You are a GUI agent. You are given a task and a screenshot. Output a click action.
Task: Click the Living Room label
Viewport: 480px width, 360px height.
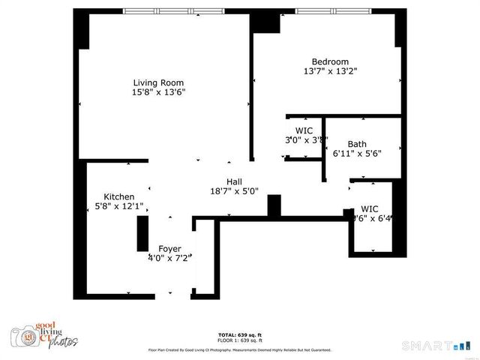pos(158,82)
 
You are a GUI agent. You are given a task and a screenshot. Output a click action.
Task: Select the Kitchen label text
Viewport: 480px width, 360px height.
pos(118,196)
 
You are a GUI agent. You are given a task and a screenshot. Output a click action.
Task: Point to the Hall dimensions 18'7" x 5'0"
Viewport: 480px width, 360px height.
pos(234,191)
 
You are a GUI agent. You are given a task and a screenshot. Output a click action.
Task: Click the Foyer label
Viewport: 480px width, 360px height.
pos(169,248)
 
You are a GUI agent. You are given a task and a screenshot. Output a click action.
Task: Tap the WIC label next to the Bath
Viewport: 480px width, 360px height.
pos(303,130)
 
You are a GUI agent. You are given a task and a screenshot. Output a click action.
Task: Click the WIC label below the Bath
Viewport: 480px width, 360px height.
pos(370,208)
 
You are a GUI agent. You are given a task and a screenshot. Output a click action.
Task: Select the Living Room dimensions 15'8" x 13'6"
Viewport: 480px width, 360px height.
pos(158,92)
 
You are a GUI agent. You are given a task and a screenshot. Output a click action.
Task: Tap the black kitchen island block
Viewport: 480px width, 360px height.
pos(142,233)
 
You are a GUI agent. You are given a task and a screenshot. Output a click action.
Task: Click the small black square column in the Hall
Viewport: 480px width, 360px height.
pos(274,205)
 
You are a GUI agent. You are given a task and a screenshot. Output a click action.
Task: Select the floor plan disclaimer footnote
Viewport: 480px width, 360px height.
pos(239,349)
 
